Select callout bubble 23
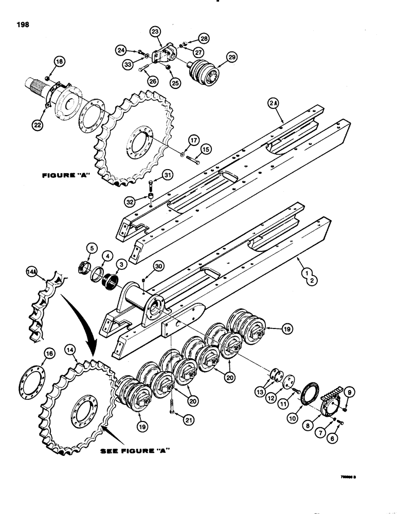[155, 32]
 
